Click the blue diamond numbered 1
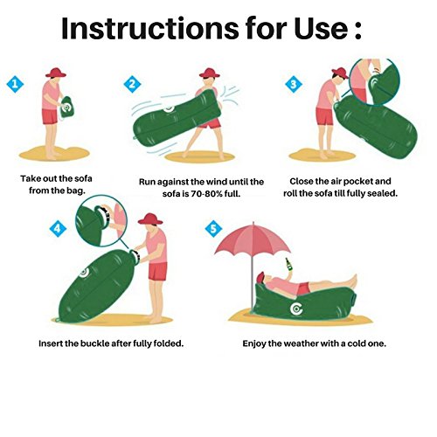[x=15, y=84]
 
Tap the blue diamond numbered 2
[x=132, y=84]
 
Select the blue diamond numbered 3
[x=294, y=84]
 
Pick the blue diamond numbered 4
[x=58, y=228]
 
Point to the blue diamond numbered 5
[x=213, y=228]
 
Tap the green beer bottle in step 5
[x=288, y=265]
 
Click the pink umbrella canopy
[x=253, y=239]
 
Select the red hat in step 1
[x=56, y=73]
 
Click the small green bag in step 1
[x=67, y=107]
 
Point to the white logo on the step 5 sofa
[x=296, y=309]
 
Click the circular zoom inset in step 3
[x=375, y=81]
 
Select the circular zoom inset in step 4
[x=101, y=220]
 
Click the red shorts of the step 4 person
[x=157, y=271]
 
